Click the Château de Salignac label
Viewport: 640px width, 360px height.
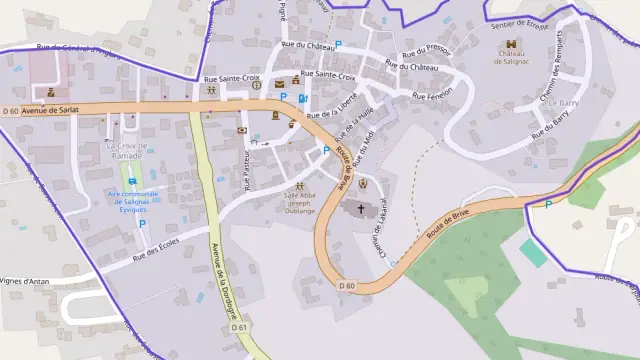(512, 59)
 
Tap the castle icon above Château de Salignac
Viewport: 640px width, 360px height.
(512, 44)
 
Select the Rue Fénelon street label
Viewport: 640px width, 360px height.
(432, 92)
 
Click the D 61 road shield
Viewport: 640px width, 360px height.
(238, 327)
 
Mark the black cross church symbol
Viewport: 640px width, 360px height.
(362, 209)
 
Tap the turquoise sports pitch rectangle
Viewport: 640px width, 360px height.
(533, 252)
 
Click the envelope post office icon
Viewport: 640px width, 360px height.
(242, 130)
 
